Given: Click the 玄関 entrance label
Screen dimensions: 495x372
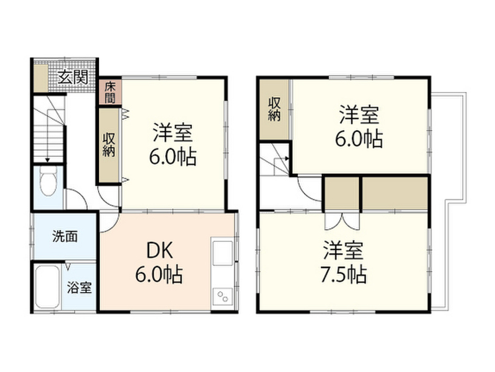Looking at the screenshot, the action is point(73,77).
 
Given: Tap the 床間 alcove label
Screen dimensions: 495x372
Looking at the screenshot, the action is point(110,92).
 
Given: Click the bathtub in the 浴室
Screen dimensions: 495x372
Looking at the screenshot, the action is point(47,287).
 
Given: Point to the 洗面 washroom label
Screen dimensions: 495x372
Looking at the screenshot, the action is point(65,236).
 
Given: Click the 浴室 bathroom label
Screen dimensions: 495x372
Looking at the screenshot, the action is point(79,287).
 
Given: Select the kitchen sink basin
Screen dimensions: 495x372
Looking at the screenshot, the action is point(223,253).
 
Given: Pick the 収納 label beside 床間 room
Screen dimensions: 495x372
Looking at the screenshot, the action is point(109,145).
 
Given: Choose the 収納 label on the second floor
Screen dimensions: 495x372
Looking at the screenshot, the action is point(274,109).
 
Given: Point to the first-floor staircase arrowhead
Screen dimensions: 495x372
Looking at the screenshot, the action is point(47,160).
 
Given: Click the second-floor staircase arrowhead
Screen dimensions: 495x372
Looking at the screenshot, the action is point(287,158).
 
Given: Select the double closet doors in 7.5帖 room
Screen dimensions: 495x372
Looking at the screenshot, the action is point(342,221).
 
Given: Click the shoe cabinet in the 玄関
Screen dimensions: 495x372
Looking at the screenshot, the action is point(41,78).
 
